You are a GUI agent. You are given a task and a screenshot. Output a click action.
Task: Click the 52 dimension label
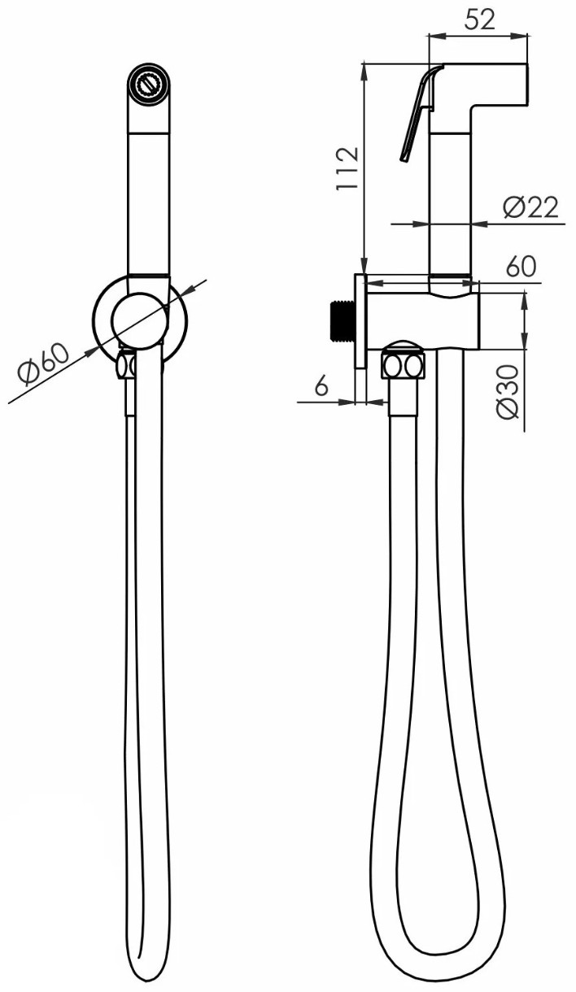pos(479,20)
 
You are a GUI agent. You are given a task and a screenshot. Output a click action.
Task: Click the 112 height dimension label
pos(347,169)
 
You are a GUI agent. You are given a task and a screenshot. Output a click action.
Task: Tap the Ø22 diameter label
pos(530,207)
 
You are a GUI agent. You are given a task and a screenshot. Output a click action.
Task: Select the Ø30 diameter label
pos(508,391)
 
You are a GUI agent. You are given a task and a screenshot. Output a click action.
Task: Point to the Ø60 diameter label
pos(44,363)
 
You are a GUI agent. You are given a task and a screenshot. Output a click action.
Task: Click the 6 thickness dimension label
pos(321,385)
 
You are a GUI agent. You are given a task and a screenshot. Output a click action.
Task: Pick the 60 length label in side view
pos(521,266)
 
